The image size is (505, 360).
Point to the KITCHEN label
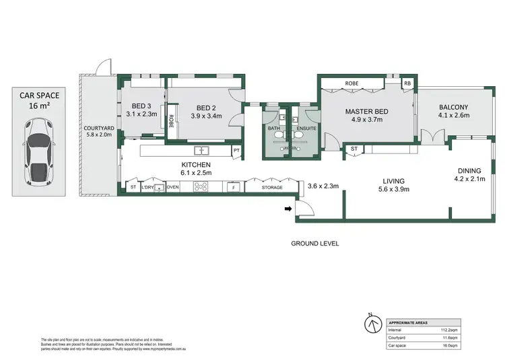(x=197, y=165)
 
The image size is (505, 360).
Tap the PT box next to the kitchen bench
(x=236, y=150)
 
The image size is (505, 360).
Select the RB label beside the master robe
(x=407, y=84)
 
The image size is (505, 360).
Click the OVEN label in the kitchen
(x=173, y=187)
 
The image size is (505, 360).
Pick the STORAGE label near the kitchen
(x=272, y=187)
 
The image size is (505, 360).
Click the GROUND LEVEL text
(x=314, y=243)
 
